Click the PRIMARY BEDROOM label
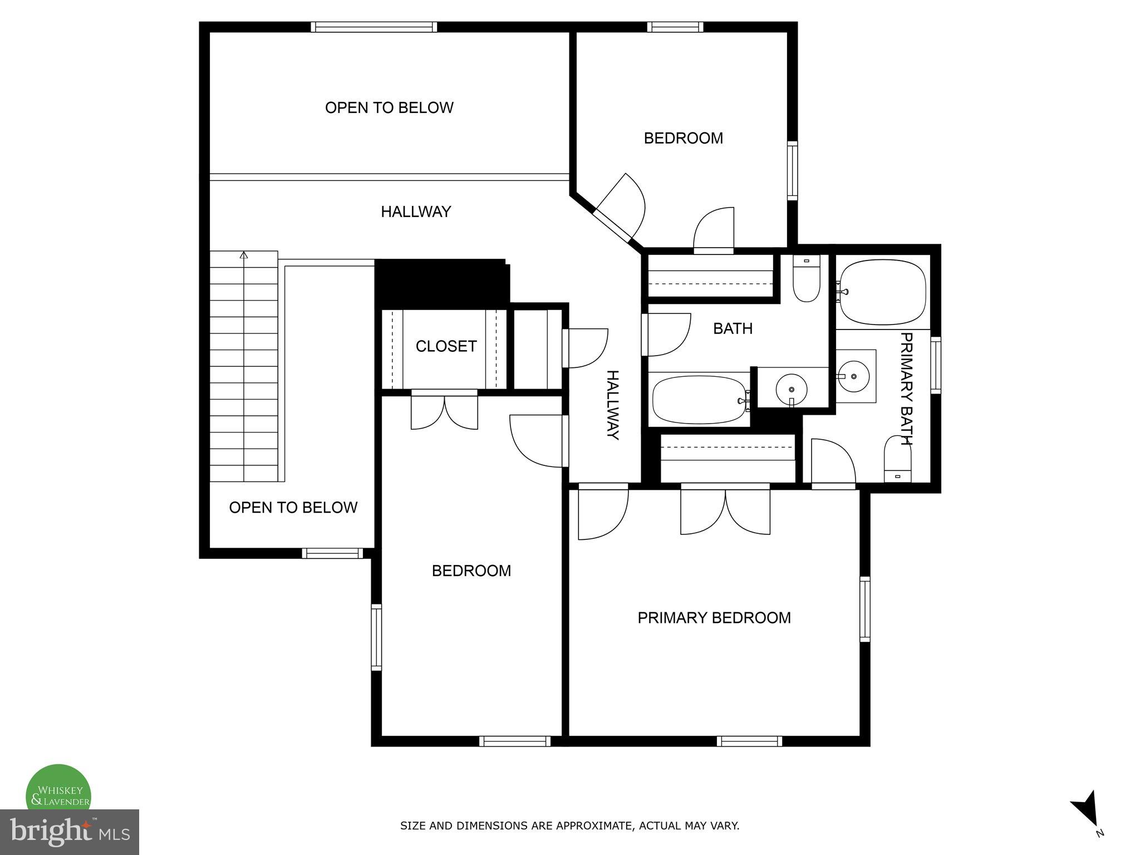click(714, 618)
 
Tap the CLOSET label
click(446, 346)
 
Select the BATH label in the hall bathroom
click(733, 328)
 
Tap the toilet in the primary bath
click(897, 459)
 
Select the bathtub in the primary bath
click(882, 292)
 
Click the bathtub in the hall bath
click(699, 400)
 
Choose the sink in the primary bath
click(854, 376)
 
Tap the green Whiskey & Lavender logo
click(59, 790)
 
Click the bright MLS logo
click(69, 832)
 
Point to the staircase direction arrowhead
click(244, 255)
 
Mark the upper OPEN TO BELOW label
click(389, 107)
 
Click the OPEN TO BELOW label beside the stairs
click(293, 508)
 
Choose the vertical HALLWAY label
click(612, 405)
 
